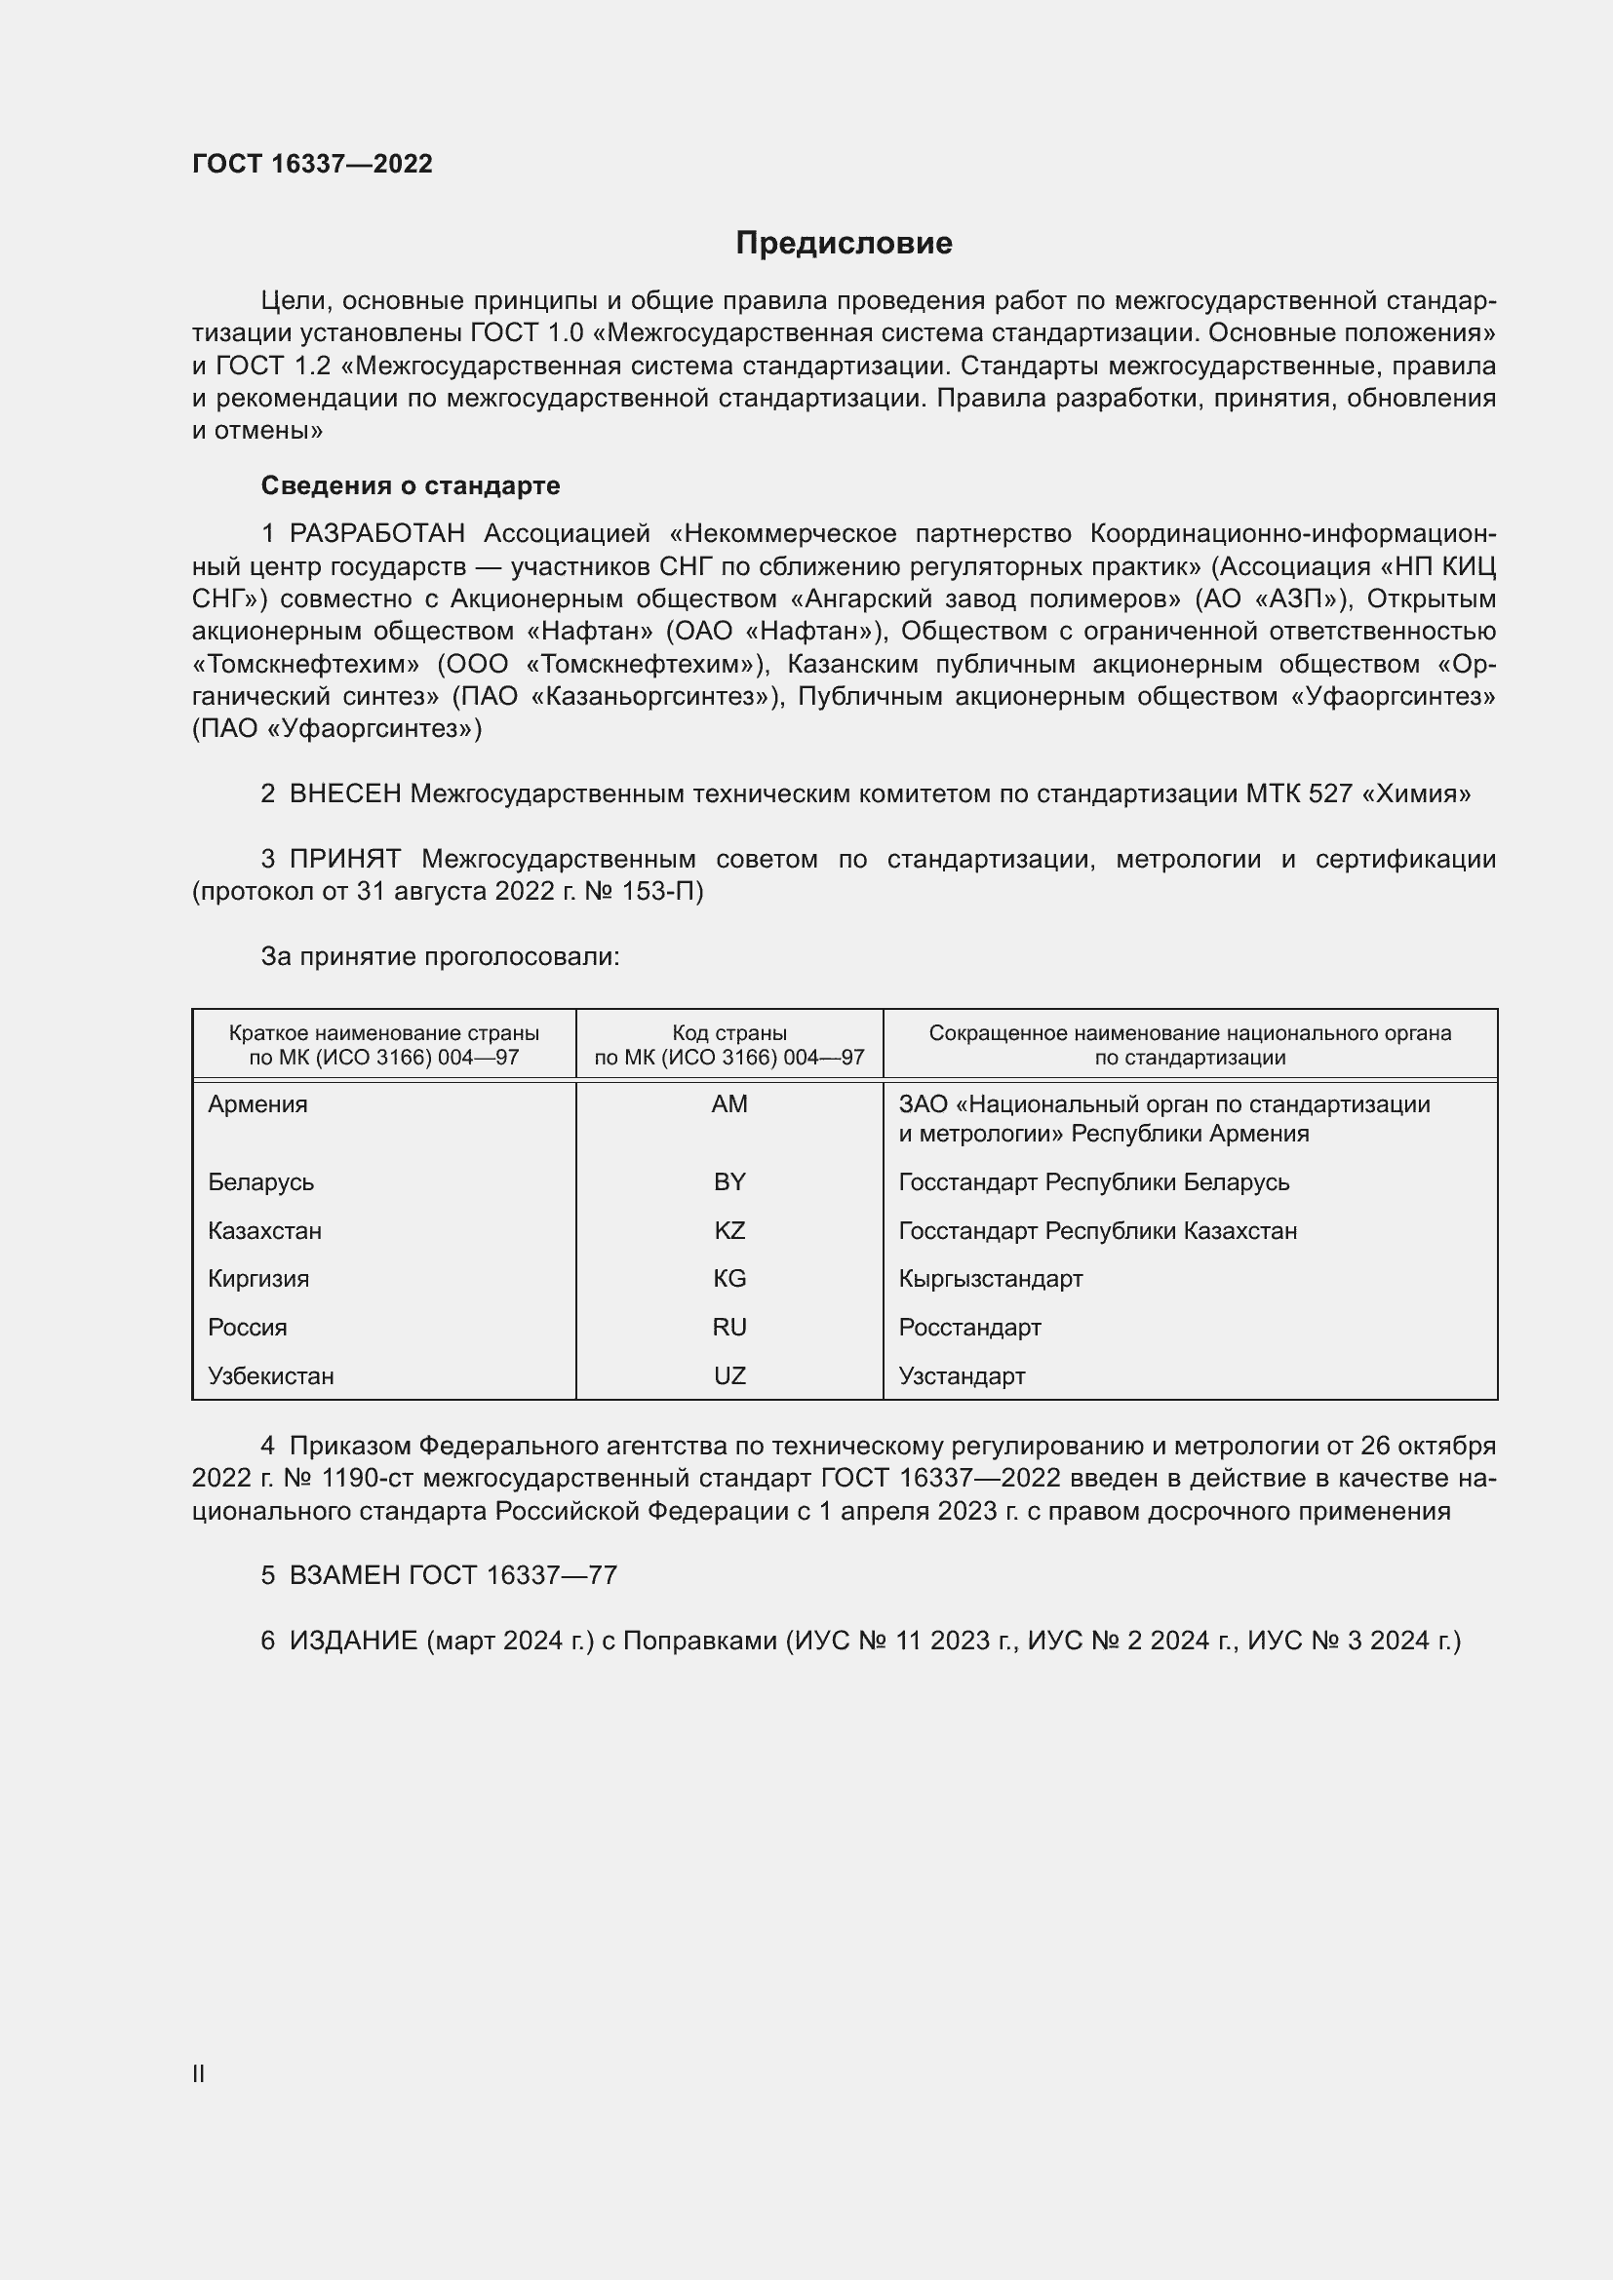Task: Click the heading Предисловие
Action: [844, 244]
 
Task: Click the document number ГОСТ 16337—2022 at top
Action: [312, 164]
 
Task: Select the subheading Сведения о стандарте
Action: [411, 485]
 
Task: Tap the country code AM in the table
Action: [729, 1104]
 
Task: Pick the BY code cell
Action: [729, 1181]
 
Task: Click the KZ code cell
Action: [729, 1230]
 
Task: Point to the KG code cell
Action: [729, 1278]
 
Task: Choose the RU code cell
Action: [729, 1327]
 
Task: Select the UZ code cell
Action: [729, 1375]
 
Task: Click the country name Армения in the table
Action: [257, 1104]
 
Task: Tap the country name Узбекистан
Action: [270, 1375]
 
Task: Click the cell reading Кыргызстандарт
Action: [990, 1278]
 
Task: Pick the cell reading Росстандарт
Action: [969, 1327]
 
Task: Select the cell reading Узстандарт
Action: [962, 1375]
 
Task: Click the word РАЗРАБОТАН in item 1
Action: [376, 533]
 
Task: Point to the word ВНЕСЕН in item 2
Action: [344, 793]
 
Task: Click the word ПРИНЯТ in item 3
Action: [344, 858]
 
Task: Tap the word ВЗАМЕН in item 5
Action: [344, 1575]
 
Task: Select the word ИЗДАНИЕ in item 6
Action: [353, 1640]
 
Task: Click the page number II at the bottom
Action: [199, 2073]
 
